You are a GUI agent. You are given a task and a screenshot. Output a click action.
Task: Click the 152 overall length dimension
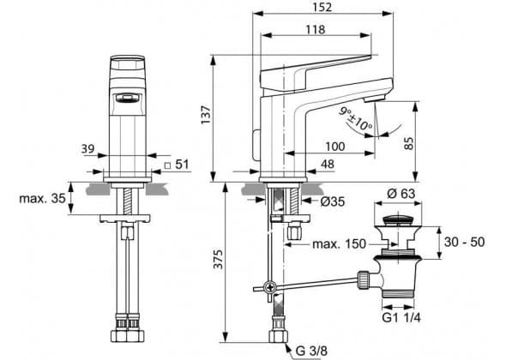[322, 7]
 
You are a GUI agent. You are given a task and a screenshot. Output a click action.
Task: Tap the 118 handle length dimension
[316, 30]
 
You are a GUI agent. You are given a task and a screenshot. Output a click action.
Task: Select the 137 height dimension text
[206, 115]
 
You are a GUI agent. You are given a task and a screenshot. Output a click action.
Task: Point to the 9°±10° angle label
[355, 118]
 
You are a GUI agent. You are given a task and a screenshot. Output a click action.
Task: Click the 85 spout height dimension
[409, 143]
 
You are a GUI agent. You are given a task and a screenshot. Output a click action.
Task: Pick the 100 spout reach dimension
[335, 147]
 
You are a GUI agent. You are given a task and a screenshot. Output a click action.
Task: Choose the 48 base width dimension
[328, 165]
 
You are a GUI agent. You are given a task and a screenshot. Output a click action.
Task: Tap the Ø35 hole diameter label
[333, 201]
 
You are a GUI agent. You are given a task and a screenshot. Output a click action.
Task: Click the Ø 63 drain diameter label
[401, 194]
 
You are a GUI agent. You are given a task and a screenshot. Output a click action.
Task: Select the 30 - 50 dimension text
[464, 242]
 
